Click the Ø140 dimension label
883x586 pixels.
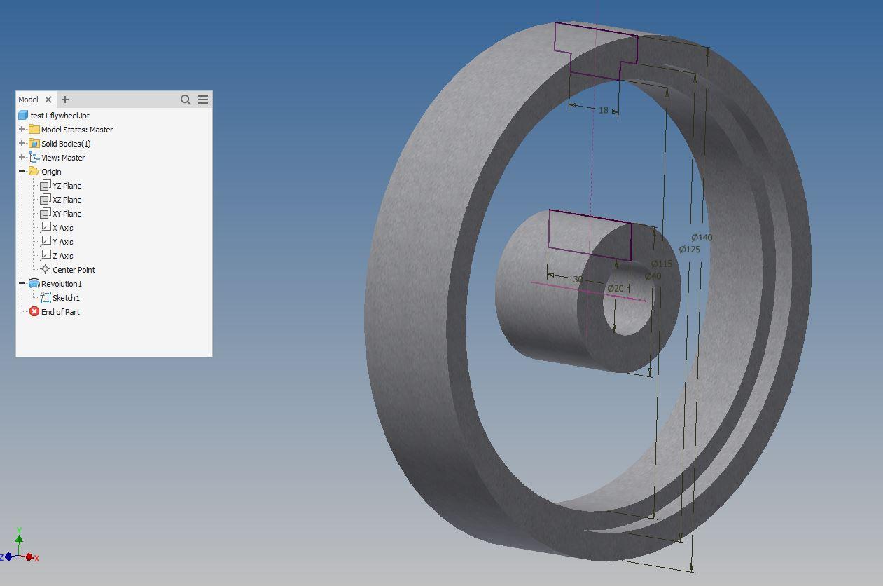coord(702,238)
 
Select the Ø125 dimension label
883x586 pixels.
coord(690,250)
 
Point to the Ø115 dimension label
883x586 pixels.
coord(661,264)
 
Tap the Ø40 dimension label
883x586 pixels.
coord(653,276)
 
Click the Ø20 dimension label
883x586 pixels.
coord(615,289)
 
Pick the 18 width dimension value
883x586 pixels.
coord(604,110)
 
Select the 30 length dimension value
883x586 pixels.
coord(578,279)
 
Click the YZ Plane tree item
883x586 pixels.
coord(67,186)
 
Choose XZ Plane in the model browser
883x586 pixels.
coord(67,200)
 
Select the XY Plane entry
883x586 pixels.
coord(67,214)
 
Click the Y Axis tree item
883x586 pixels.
coord(62,242)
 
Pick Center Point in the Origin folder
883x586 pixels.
coord(74,270)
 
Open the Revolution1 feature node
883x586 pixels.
coord(61,284)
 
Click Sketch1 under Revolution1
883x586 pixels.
coord(66,298)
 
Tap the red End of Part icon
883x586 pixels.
coord(34,312)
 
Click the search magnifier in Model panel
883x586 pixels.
coord(186,100)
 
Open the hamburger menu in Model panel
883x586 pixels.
coord(203,100)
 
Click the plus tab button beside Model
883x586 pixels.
coord(65,100)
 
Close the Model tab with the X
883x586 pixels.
coord(48,100)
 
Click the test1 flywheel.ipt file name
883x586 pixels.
coord(60,116)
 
